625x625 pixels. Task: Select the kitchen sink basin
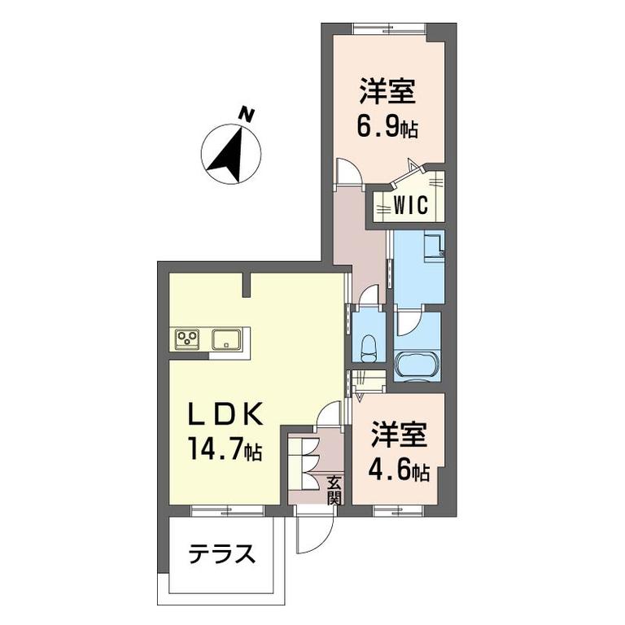point(226,339)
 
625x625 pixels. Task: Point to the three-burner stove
point(188,339)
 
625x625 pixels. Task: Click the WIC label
point(410,205)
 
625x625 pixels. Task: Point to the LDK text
point(225,413)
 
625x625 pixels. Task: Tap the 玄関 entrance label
point(334,490)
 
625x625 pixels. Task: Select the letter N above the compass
point(247,115)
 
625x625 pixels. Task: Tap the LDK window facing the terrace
point(228,510)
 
